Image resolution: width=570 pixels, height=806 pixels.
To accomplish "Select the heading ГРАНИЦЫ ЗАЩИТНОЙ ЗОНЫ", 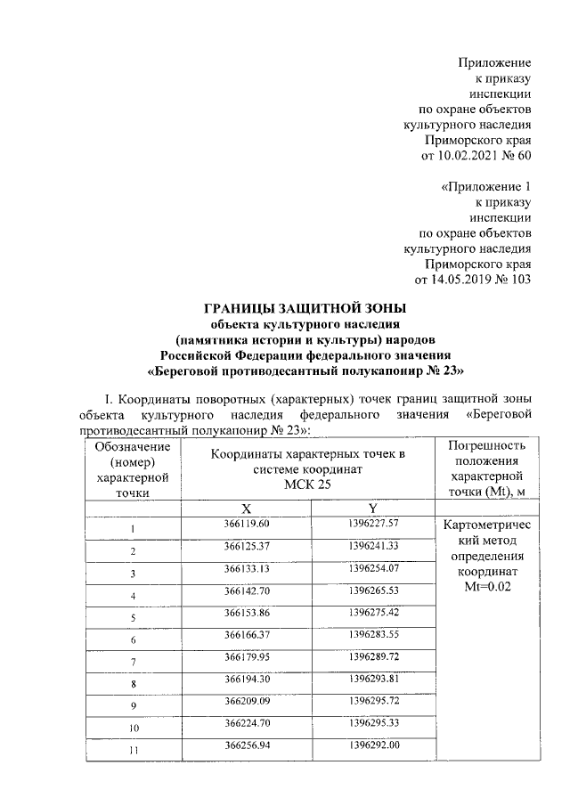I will [293, 309].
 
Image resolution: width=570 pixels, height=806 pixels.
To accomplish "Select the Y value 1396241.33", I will [373, 545].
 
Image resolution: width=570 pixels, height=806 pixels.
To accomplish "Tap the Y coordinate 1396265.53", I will [373, 590].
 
